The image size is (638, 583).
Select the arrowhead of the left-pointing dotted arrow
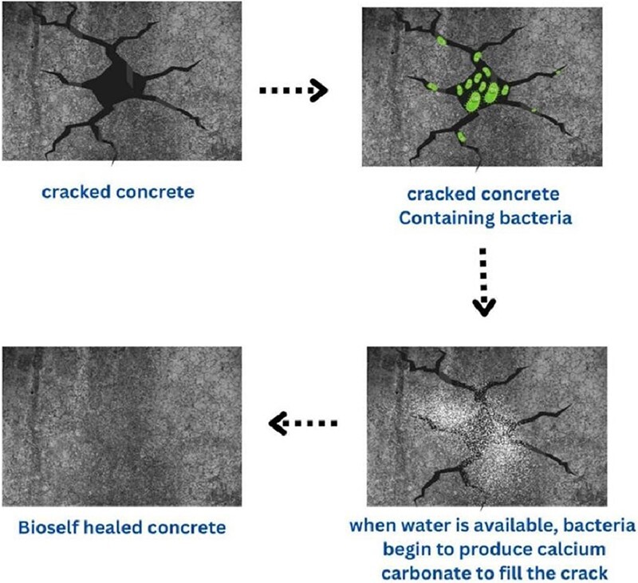(x=278, y=423)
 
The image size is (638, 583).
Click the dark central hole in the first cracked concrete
(x=119, y=83)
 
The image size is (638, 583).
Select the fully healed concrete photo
(x=122, y=427)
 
